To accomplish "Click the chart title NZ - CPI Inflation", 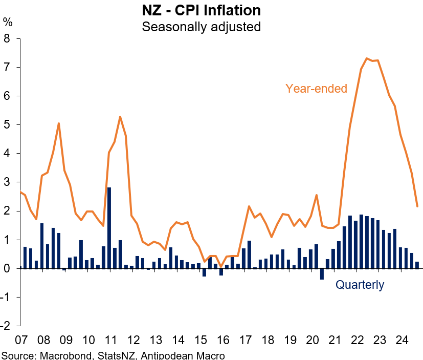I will tap(201, 10).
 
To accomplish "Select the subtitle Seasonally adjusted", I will tap(201, 26).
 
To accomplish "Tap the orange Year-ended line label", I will tap(316, 88).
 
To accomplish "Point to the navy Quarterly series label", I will tap(360, 285).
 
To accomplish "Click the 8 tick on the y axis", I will tap(7, 38).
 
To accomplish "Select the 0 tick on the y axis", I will tap(7, 268).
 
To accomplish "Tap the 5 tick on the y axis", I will tap(7, 124).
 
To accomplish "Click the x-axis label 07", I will tap(20, 340).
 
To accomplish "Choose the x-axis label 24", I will tap(402, 340).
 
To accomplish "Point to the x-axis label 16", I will tap(222, 340).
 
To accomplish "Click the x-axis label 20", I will tap(312, 340).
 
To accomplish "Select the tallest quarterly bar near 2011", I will tap(109, 228).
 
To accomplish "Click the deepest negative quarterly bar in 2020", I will tap(322, 274).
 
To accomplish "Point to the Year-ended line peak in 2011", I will tap(120, 117).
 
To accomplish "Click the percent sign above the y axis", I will tap(7, 22).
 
